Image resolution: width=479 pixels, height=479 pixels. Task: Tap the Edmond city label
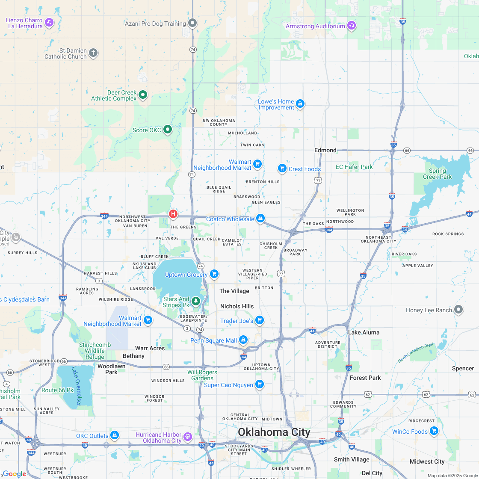pos(325,150)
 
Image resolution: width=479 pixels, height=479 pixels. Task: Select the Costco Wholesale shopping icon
pos(260,219)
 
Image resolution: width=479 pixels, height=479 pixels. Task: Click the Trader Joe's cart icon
pos(259,320)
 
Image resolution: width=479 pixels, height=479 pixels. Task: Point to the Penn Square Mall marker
pos(243,340)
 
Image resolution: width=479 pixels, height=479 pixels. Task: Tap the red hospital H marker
pos(173,213)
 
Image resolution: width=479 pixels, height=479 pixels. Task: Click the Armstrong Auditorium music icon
pos(352,26)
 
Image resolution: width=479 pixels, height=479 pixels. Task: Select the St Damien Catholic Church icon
pos(93,53)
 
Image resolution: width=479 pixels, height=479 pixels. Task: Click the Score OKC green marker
pos(168,129)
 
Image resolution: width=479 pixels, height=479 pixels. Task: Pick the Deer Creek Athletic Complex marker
pos(143,95)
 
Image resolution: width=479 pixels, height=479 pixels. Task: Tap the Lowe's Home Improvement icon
pos(300,104)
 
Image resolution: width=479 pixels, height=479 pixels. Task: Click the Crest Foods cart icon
pos(282,169)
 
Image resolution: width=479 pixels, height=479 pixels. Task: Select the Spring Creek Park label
pos(437,174)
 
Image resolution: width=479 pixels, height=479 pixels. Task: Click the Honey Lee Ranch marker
pos(458,309)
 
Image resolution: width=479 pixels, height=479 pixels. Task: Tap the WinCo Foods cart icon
pos(434,431)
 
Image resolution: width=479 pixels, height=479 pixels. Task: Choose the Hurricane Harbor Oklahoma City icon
pos(188,437)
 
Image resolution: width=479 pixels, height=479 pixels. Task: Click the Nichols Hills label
pos(237,306)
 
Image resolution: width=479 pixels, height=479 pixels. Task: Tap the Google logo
pos(14,473)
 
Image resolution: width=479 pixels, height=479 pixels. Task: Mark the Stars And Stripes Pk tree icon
pos(196,302)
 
